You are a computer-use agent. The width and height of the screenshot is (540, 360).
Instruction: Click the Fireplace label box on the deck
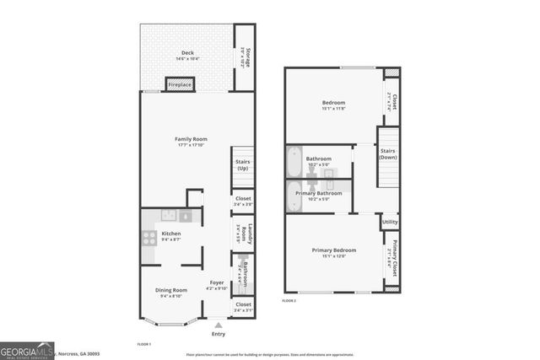click(179, 85)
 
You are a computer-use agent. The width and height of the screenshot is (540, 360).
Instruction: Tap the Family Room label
click(192, 139)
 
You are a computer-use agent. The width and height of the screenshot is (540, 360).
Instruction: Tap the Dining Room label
click(171, 292)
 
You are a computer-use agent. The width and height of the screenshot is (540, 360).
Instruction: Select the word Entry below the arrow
click(218, 334)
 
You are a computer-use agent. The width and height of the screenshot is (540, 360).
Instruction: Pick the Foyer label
click(217, 283)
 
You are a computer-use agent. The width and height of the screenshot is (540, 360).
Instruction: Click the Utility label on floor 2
click(390, 223)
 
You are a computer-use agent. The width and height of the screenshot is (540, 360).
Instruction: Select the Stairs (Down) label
click(388, 155)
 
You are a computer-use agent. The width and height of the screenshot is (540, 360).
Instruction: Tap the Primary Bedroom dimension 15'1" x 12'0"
click(333, 255)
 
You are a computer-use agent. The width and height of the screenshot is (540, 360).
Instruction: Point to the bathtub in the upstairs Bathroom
click(294, 159)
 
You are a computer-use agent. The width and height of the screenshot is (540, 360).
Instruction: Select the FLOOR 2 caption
click(289, 300)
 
